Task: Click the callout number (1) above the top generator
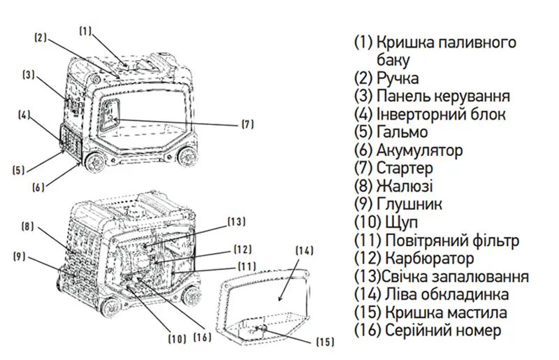tap(85, 31)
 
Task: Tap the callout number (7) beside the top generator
tap(247, 124)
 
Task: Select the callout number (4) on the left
tap(24, 116)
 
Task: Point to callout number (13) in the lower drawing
tap(236, 222)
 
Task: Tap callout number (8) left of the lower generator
tap(27, 226)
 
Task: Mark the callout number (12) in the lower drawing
tap(242, 249)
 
